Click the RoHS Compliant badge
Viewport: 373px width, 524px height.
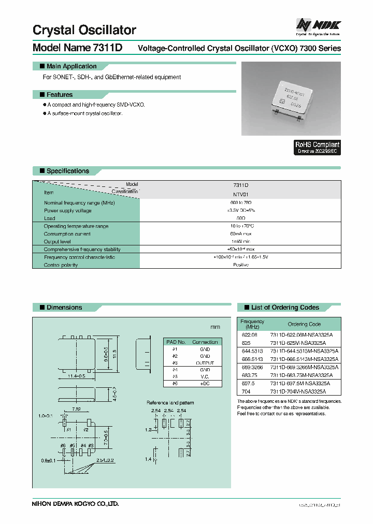(x=317, y=147)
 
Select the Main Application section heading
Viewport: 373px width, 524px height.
(x=71, y=66)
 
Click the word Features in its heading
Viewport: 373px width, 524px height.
(x=60, y=95)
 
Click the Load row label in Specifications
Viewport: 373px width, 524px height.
(x=50, y=219)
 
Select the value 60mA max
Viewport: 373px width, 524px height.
(x=240, y=234)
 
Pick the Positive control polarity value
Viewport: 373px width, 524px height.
(x=240, y=265)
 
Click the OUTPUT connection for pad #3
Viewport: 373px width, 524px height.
(x=205, y=363)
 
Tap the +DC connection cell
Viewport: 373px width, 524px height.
(x=205, y=384)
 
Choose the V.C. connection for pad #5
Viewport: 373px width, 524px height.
(x=205, y=377)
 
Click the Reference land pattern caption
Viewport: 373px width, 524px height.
(x=170, y=402)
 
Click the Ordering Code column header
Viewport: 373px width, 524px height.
(x=304, y=324)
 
